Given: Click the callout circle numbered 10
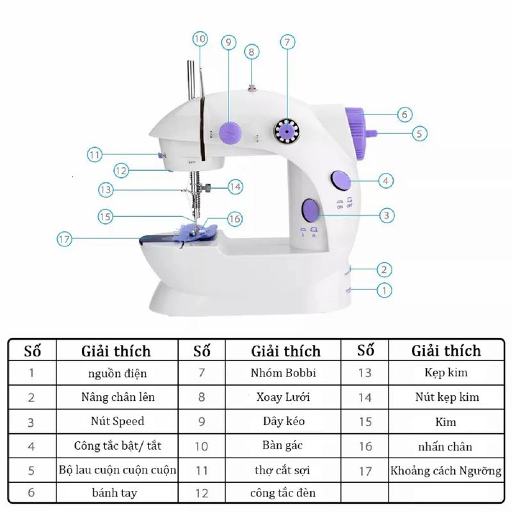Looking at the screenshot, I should click(x=200, y=39).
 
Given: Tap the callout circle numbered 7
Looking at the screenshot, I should click(x=287, y=43).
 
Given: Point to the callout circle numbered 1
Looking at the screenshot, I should click(x=384, y=290).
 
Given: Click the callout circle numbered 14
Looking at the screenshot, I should click(x=236, y=186).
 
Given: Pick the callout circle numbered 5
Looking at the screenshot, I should click(x=419, y=134).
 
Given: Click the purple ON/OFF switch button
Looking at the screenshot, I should click(x=339, y=180).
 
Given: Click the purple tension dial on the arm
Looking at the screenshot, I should click(x=229, y=132).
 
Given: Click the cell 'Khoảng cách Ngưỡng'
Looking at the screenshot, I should click(x=446, y=470).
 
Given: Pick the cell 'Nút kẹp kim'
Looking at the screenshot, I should click(x=446, y=397).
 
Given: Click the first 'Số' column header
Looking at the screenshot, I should click(x=33, y=351).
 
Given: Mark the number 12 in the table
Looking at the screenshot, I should click(x=202, y=493).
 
